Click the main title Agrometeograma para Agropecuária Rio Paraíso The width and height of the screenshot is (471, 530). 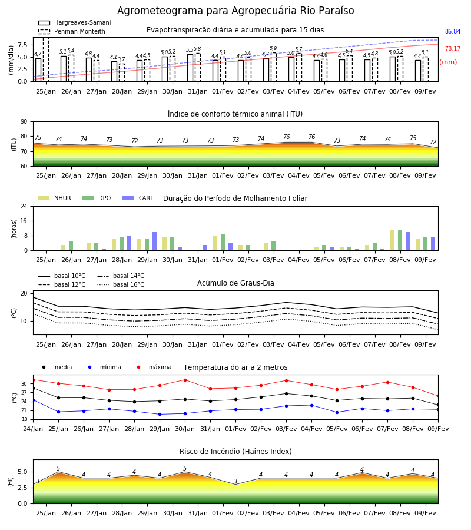[235, 11]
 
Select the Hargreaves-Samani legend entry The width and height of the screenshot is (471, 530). [74, 22]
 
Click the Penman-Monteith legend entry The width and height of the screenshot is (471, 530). [72, 31]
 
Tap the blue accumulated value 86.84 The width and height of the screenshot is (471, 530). [453, 31]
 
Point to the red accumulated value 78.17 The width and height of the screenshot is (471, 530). [453, 48]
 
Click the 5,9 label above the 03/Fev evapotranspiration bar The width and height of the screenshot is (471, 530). [273, 48]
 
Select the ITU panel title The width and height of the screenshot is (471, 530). [235, 114]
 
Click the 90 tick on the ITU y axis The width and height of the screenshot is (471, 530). [24, 122]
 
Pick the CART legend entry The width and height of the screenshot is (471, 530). [138, 198]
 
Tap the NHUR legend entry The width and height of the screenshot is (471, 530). [55, 198]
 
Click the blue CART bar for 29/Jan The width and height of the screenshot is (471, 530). [154, 241]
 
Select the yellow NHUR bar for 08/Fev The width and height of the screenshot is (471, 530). [392, 240]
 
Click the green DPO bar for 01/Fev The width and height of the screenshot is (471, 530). [223, 242]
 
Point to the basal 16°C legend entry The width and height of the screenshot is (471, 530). [121, 284]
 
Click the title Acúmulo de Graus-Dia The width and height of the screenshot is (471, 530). [235, 283]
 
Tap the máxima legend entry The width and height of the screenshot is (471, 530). [152, 367]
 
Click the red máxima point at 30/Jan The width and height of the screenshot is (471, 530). [185, 380]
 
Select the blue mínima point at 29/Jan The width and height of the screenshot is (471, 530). [160, 414]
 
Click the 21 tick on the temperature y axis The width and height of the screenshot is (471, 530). [24, 410]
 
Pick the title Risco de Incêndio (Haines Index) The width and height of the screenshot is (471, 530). [235, 452]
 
